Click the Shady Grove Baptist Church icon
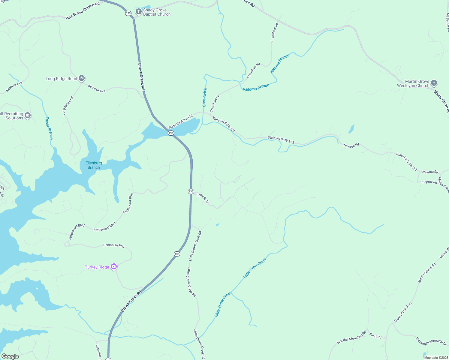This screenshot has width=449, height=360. (138, 12)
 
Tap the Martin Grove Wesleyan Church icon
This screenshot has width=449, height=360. (434, 83)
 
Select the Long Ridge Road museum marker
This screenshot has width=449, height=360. (82, 79)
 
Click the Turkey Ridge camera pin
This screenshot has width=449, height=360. (113, 267)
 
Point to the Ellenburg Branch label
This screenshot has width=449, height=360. (94, 165)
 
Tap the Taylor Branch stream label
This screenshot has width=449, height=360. (49, 128)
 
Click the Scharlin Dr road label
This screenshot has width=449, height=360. (203, 199)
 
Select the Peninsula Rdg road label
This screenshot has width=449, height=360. (114, 245)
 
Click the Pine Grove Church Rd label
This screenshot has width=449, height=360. (83, 11)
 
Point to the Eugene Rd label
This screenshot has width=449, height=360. (429, 182)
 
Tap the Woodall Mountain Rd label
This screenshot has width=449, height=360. (351, 337)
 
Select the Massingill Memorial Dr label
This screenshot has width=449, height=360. (431, 341)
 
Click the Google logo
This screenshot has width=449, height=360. (10, 356)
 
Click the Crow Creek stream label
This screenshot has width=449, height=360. (204, 97)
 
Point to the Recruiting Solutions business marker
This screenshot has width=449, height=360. (28, 115)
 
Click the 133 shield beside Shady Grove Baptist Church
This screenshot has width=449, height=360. (128, 13)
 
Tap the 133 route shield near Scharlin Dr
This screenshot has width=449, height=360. (191, 191)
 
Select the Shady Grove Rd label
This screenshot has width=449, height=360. (441, 101)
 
